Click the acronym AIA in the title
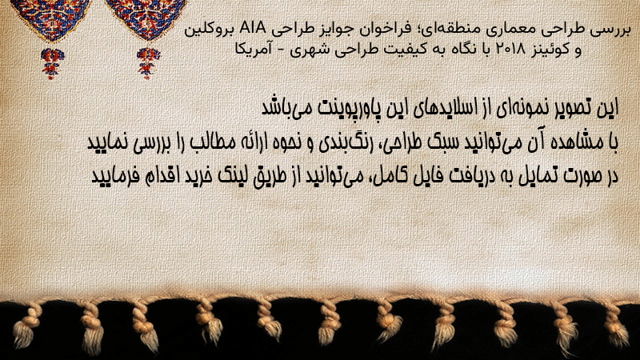pyautogui.click(x=253, y=28)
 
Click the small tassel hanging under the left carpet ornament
pyautogui.click(x=52, y=63)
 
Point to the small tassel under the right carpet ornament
pyautogui.click(x=148, y=63)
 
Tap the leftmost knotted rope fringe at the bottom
pyautogui.click(x=26, y=326)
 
